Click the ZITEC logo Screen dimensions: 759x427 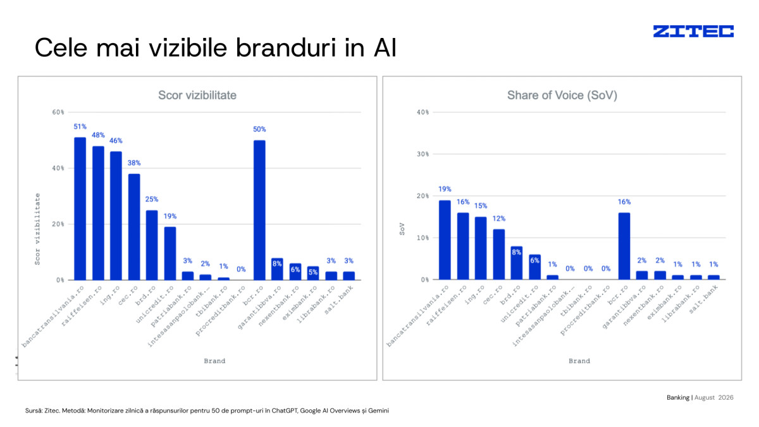coord(693,31)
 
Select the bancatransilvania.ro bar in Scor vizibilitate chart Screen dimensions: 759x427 coord(80,209)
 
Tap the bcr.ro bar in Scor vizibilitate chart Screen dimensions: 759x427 coord(259,210)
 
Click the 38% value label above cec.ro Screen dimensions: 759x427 coord(134,163)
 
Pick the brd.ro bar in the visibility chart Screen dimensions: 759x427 coord(152,245)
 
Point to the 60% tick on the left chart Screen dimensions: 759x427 coord(58,112)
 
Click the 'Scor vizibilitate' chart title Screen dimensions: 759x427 coord(197,96)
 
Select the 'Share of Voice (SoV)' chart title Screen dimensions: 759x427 coord(562,96)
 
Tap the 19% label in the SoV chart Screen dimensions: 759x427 coord(445,189)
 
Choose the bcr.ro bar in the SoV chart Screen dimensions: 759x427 coord(624,246)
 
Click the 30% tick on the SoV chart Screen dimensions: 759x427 coord(423,154)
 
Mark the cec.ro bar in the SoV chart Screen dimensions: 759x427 coord(499,254)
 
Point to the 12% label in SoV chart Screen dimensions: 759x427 coord(499,219)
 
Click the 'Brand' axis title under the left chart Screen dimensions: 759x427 coord(214,361)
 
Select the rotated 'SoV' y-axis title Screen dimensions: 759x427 coord(402,229)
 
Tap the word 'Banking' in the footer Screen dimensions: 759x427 coord(678,397)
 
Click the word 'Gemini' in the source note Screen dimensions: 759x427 coord(378,411)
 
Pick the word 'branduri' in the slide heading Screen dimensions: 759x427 coord(287,48)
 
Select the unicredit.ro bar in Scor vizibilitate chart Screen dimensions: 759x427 coord(170,254)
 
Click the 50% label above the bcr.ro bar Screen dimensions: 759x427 coord(259,129)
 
